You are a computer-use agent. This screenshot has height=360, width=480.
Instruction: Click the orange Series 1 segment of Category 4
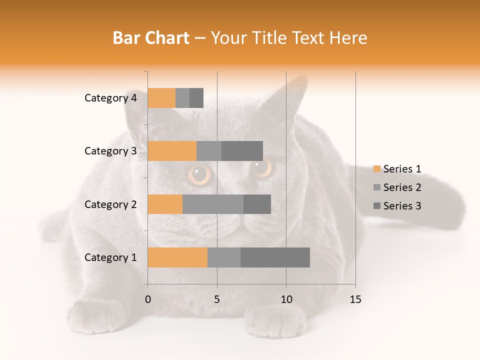[x=161, y=98]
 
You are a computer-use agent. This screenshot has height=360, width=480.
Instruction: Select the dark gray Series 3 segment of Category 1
[x=275, y=257]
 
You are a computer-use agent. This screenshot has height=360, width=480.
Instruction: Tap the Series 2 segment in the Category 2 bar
[x=213, y=204]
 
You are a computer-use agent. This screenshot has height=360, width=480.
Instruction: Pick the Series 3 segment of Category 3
[x=242, y=151]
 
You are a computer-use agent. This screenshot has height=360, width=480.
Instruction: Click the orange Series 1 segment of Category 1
[x=177, y=257]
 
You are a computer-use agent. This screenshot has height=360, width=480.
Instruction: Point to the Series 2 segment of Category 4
[x=182, y=98]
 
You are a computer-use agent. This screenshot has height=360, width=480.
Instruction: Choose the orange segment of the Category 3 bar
[x=172, y=151]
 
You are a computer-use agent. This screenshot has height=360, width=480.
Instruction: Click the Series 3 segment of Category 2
[x=257, y=204]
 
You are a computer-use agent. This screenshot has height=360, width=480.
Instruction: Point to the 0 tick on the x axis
[x=148, y=299]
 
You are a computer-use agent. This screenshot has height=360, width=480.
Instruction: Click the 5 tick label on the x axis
[x=217, y=299]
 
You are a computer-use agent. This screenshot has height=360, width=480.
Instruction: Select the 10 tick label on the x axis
[x=286, y=299]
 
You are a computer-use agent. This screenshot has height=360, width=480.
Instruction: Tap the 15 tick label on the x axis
[x=355, y=299]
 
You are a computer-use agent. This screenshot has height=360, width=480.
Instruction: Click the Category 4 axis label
[x=110, y=98]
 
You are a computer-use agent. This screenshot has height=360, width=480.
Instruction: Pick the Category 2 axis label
[x=110, y=204]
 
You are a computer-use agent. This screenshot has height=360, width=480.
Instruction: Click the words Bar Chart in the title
[x=151, y=38]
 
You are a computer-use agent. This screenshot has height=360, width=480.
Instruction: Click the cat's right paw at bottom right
[x=278, y=320]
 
